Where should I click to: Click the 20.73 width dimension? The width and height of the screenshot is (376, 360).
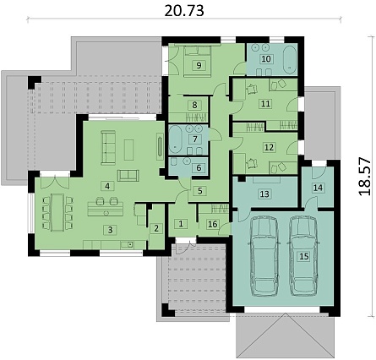click(x=184, y=11)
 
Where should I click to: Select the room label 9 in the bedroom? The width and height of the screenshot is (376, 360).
click(x=199, y=66)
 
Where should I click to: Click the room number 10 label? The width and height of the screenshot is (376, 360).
click(x=266, y=58)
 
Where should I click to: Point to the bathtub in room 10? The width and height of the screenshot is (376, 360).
click(x=290, y=59)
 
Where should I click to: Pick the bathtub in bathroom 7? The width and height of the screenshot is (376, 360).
click(x=176, y=139)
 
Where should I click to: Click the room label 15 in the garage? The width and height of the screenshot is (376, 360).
click(x=304, y=256)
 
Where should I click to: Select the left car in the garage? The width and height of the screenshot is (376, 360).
click(x=264, y=256)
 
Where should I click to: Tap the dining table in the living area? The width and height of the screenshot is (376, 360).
click(x=57, y=212)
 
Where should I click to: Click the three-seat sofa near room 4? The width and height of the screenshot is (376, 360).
click(x=108, y=147)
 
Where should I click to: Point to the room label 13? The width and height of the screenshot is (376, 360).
click(x=264, y=194)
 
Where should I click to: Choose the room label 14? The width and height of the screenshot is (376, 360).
click(x=318, y=188)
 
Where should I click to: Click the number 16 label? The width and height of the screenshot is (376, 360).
click(x=213, y=224)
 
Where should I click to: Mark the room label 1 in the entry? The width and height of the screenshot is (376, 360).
click(x=181, y=224)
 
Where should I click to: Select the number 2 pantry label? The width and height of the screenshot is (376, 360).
click(x=156, y=228)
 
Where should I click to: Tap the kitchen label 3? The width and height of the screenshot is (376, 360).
click(x=110, y=230)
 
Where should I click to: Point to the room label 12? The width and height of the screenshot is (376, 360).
click(x=269, y=147)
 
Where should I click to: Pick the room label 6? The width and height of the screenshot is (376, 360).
click(x=199, y=168)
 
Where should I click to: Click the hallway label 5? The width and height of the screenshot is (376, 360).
click(x=200, y=191)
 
